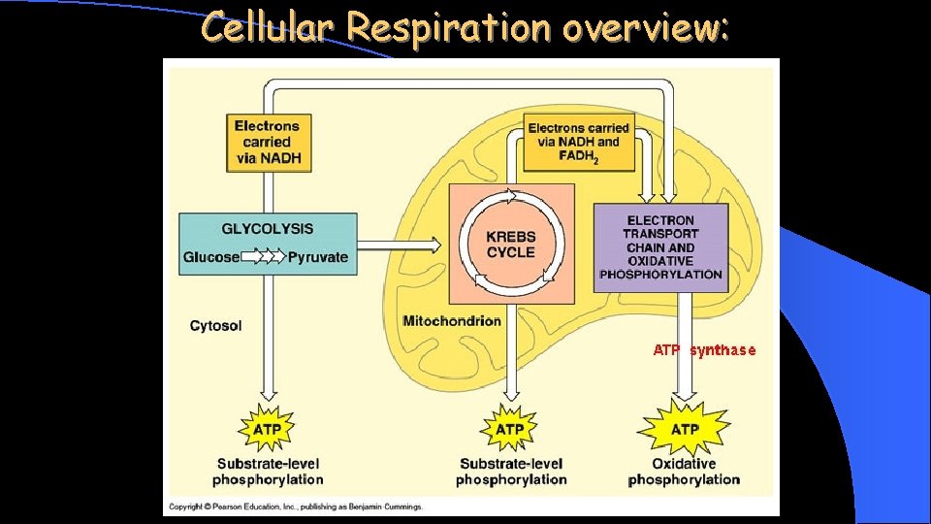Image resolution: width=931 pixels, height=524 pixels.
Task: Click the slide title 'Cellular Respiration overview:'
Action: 465,28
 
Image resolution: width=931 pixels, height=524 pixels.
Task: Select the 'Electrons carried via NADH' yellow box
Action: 268,142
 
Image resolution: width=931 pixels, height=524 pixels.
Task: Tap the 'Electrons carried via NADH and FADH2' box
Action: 578,142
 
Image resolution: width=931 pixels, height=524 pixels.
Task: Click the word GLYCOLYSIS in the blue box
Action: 268,229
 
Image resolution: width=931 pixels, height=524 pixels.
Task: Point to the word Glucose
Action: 210,257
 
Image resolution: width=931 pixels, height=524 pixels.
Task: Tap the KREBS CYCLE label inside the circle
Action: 510,244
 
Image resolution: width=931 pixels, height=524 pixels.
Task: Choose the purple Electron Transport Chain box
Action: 660,247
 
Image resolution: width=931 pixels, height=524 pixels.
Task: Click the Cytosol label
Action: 215,326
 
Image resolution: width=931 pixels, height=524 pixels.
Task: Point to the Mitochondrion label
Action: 452,321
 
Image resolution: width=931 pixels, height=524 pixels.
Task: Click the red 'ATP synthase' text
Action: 704,349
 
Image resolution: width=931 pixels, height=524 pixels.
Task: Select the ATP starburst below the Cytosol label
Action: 268,428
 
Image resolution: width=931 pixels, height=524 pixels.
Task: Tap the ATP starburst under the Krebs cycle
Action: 510,428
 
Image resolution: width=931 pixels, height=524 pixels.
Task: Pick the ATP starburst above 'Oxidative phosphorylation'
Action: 684,428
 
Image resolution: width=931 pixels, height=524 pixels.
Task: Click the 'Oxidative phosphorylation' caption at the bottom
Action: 684,472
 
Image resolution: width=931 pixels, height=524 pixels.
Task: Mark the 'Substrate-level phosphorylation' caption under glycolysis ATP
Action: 268,472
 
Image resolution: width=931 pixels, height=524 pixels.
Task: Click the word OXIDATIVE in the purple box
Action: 660,260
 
